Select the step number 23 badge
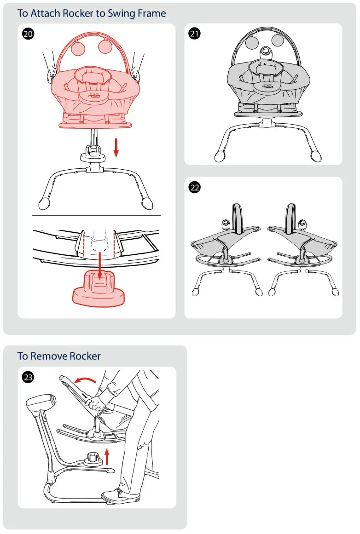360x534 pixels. (28, 378)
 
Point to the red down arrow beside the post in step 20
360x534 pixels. (116, 147)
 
